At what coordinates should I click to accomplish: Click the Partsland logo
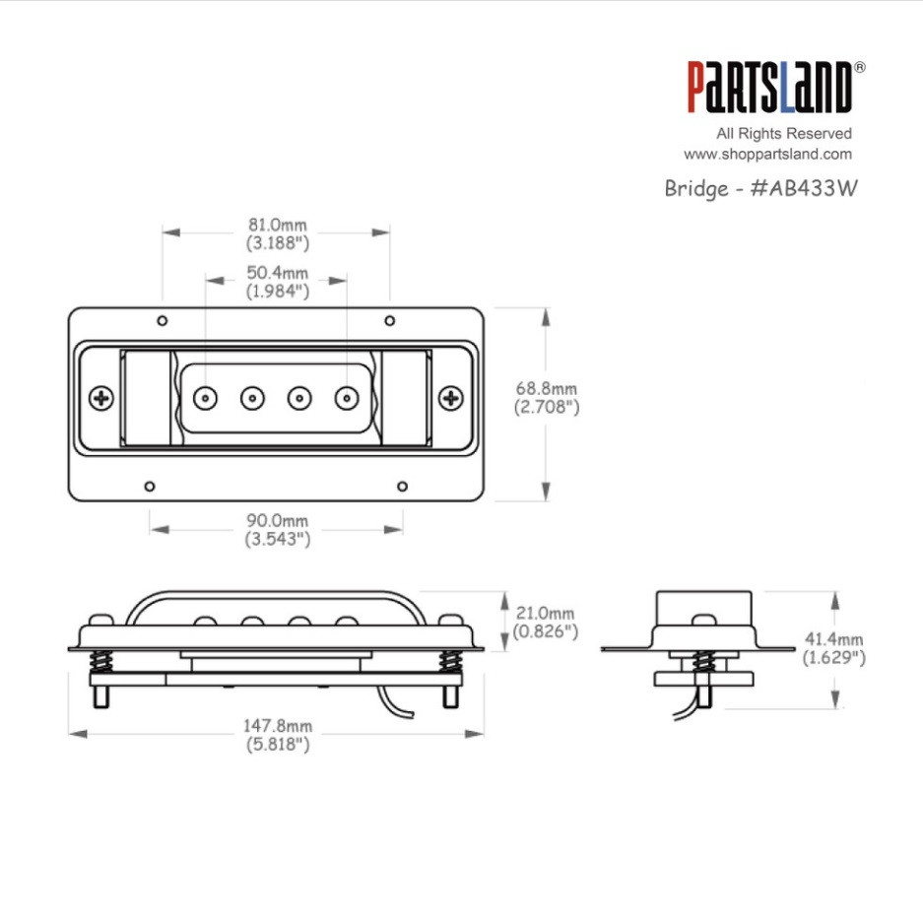point(768,89)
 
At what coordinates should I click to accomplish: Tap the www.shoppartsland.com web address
point(767,155)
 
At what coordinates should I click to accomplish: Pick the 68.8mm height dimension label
point(546,396)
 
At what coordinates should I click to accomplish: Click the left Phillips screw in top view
point(101,398)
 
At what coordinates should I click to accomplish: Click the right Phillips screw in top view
point(451,398)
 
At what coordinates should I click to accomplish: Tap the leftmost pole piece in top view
point(206,398)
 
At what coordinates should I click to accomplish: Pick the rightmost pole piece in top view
point(346,398)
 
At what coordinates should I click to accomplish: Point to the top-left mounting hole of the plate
point(163,320)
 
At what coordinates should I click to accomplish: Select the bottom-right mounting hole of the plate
point(402,486)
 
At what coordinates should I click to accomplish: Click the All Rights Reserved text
point(784,133)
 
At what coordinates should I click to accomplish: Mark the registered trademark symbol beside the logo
point(859,67)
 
